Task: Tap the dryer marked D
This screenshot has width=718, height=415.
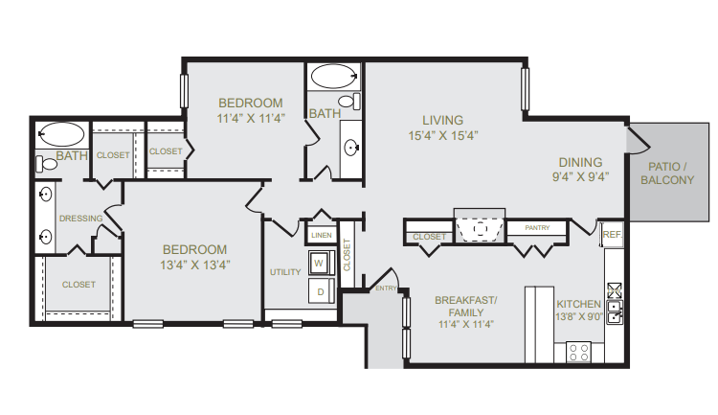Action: [x=321, y=290]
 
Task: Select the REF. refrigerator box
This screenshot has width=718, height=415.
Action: [x=613, y=234]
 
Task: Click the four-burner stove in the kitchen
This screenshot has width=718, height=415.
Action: [x=579, y=352]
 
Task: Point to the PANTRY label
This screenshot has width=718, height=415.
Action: [x=537, y=227]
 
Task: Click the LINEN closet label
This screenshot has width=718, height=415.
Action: [x=322, y=235]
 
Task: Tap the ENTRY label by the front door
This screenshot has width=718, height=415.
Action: [x=386, y=288]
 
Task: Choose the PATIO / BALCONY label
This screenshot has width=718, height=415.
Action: [x=667, y=173]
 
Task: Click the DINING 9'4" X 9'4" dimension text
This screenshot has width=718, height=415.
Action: [x=581, y=176]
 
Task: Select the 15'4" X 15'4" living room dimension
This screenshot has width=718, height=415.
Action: [x=443, y=135]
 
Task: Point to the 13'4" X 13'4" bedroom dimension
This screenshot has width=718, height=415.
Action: [x=194, y=265]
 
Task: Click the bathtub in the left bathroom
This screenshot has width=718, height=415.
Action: [x=62, y=134]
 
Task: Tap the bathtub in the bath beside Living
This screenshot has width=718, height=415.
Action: [x=334, y=76]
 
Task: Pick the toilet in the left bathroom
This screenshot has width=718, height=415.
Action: [x=46, y=164]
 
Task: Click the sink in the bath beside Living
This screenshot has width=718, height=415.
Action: [x=351, y=148]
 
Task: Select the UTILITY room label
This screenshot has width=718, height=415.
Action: [x=285, y=272]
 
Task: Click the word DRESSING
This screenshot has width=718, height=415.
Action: [x=81, y=219]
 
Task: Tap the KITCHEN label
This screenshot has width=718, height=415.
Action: [x=579, y=304]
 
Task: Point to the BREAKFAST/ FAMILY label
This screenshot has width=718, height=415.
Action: [x=465, y=307]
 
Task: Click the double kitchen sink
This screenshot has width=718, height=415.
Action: [x=615, y=311]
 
